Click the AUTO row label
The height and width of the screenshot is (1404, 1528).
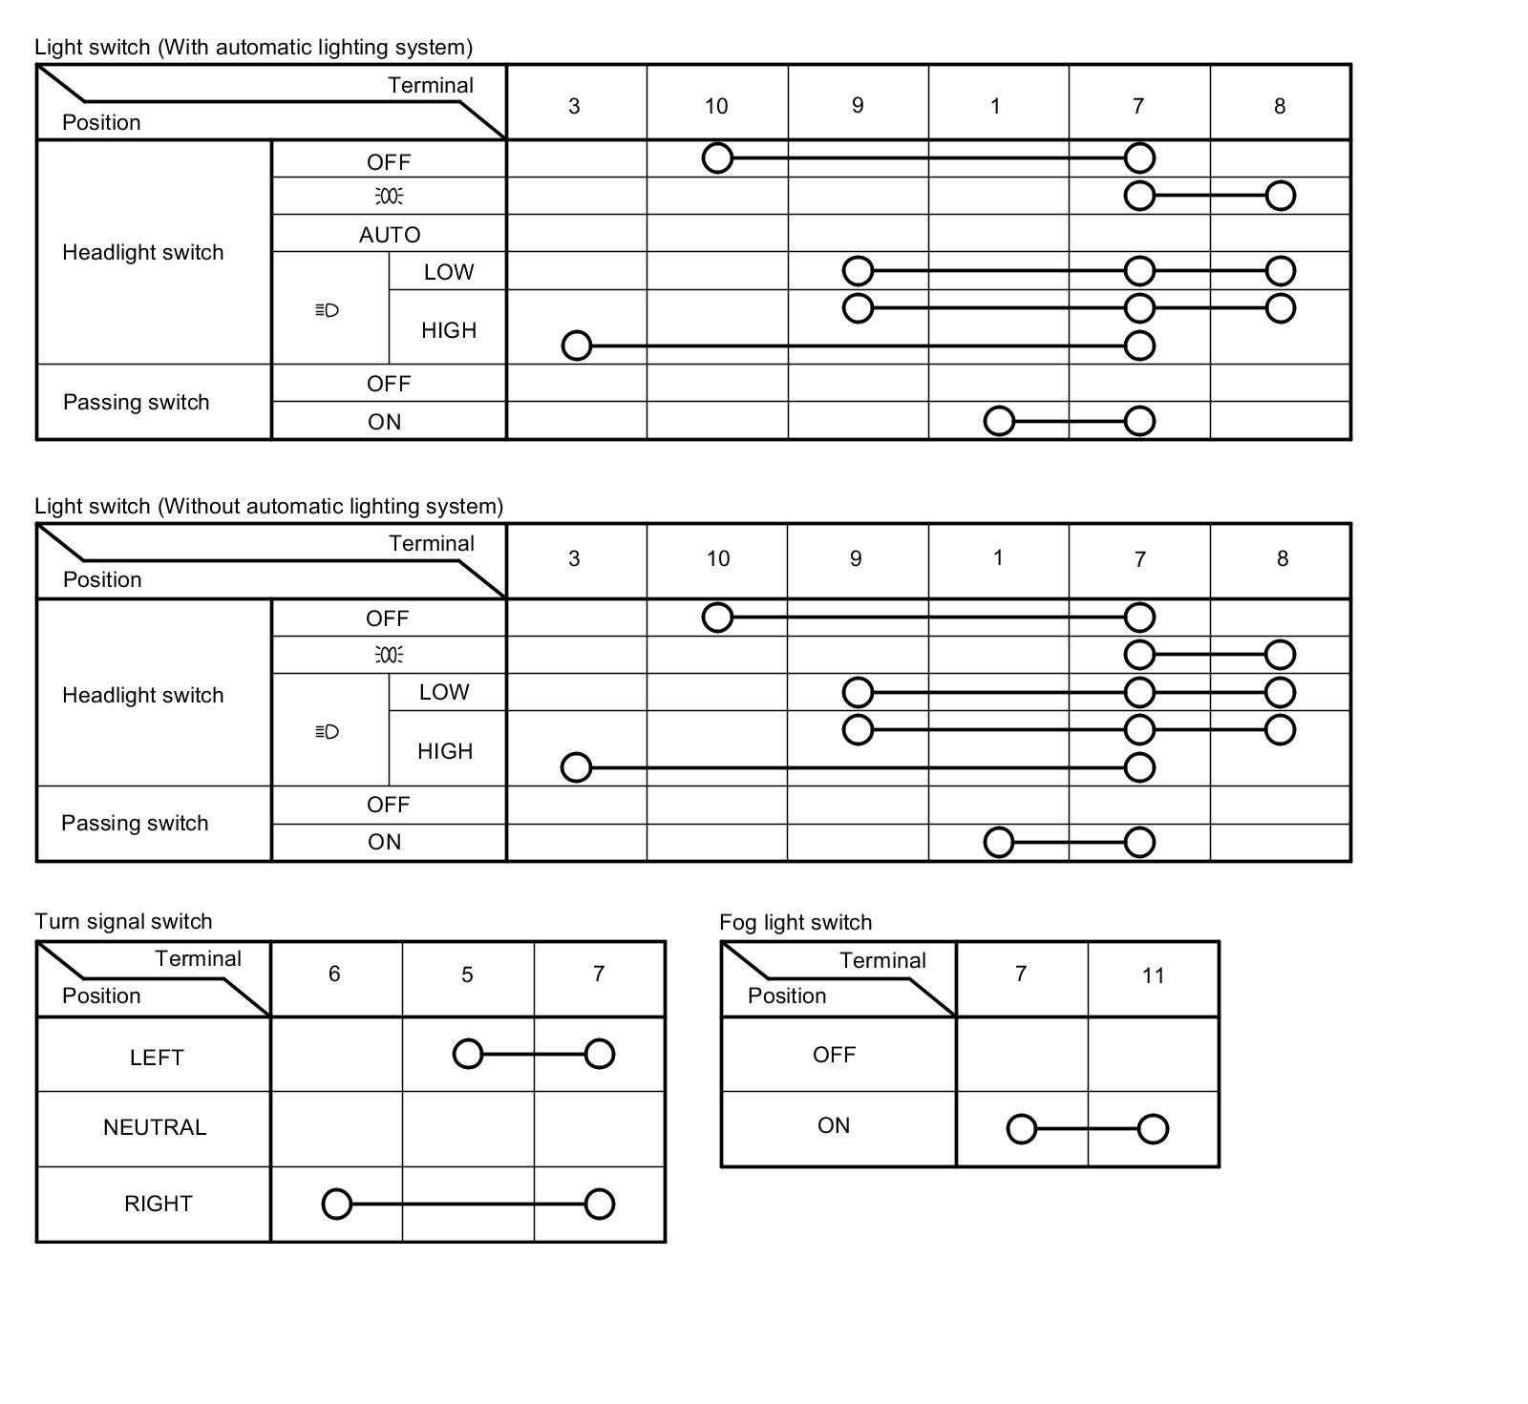pyautogui.click(x=389, y=235)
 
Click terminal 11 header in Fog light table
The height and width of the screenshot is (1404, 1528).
pyautogui.click(x=1153, y=975)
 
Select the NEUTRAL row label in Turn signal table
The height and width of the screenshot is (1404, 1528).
pyautogui.click(x=155, y=1127)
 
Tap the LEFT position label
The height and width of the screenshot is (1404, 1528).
pyautogui.click(x=156, y=1058)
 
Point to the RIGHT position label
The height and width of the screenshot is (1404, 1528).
pyautogui.click(x=158, y=1204)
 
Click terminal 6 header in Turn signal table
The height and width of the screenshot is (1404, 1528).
pyautogui.click(x=334, y=974)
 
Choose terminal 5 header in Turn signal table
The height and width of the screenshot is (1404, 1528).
pyautogui.click(x=467, y=974)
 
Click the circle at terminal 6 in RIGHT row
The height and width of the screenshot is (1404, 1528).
pyautogui.click(x=337, y=1204)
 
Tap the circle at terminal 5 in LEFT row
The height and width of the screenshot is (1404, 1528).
pyautogui.click(x=468, y=1054)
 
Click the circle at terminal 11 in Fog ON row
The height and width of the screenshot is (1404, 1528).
pyautogui.click(x=1153, y=1129)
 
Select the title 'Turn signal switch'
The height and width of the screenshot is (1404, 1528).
pyautogui.click(x=123, y=921)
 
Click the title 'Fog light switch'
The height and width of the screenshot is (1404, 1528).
pyautogui.click(x=796, y=922)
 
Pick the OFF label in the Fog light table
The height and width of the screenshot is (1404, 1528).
pyautogui.click(x=834, y=1055)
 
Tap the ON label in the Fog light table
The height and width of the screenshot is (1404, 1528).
pyautogui.click(x=834, y=1125)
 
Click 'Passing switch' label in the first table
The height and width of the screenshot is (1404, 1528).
pyautogui.click(x=136, y=402)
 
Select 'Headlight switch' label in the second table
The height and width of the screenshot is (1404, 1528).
pyautogui.click(x=142, y=695)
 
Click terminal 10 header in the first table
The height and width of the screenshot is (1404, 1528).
pyautogui.click(x=716, y=106)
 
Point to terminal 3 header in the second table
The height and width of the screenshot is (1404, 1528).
pyautogui.click(x=574, y=558)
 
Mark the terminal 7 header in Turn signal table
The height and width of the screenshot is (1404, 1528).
pyautogui.click(x=599, y=974)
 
